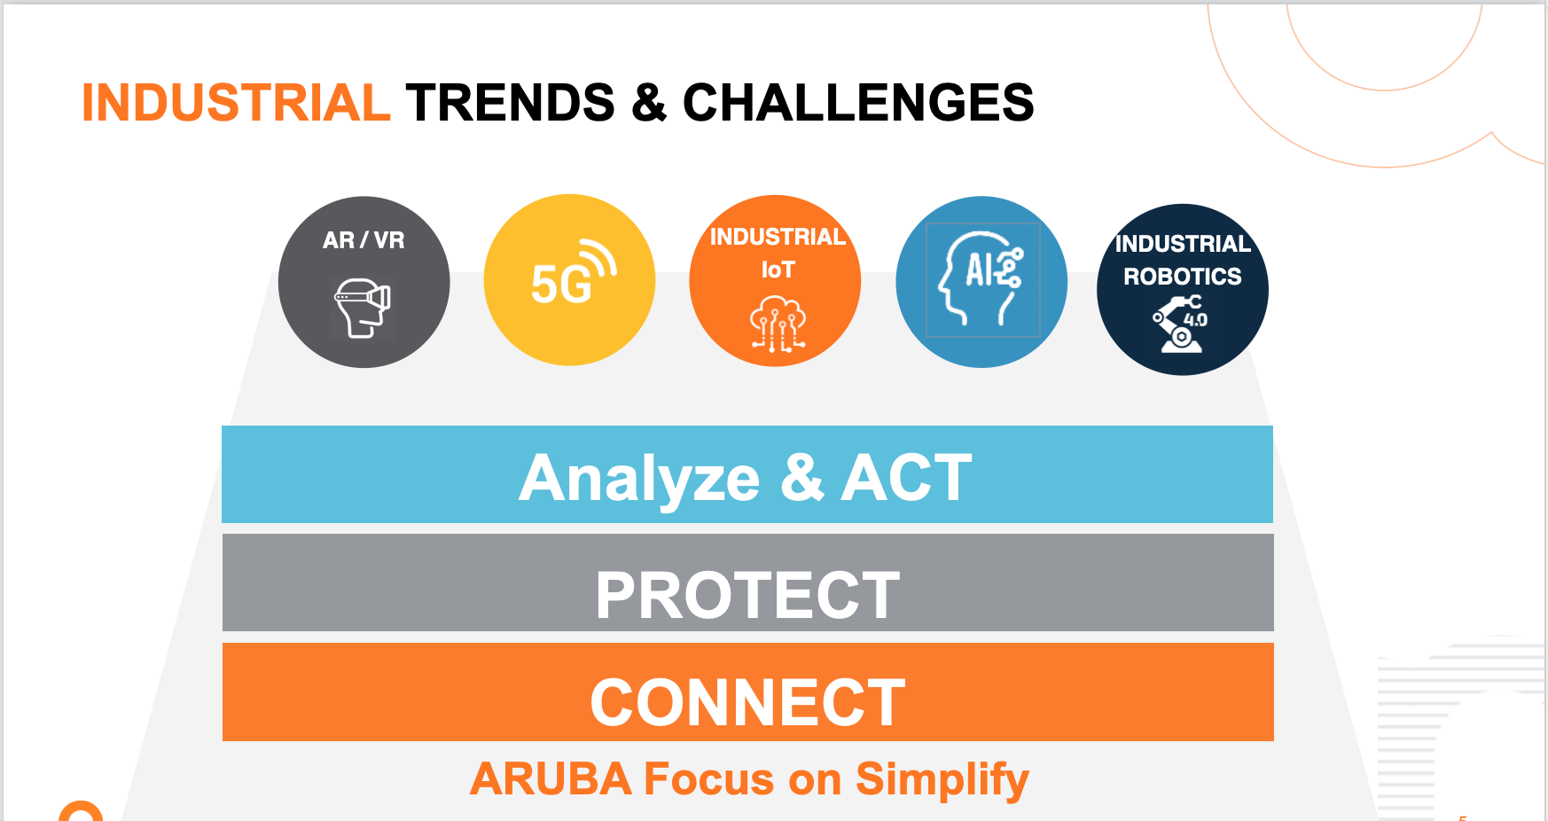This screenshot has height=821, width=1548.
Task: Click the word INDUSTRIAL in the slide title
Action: click(x=236, y=103)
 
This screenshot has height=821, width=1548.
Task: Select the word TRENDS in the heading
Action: click(x=511, y=103)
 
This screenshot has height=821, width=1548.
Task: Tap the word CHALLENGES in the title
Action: click(x=858, y=103)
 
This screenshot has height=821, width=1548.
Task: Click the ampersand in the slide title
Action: click(x=649, y=103)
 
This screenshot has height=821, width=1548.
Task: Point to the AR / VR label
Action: click(x=364, y=240)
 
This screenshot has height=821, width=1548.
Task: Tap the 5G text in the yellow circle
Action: click(x=560, y=285)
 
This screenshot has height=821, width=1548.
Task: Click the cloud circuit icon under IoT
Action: click(x=778, y=324)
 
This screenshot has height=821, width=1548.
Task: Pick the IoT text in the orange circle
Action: click(x=778, y=270)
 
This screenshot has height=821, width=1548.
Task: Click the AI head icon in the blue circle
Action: click(x=981, y=279)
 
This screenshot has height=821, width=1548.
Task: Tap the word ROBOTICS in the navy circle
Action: click(x=1182, y=277)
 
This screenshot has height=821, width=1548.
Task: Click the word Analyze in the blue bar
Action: click(x=639, y=479)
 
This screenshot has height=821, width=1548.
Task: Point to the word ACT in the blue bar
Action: click(x=906, y=478)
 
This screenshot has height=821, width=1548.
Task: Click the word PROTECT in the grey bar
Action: click(x=747, y=595)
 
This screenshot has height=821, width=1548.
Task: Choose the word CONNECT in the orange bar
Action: click(x=747, y=703)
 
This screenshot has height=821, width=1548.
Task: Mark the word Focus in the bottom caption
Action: click(x=709, y=779)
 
